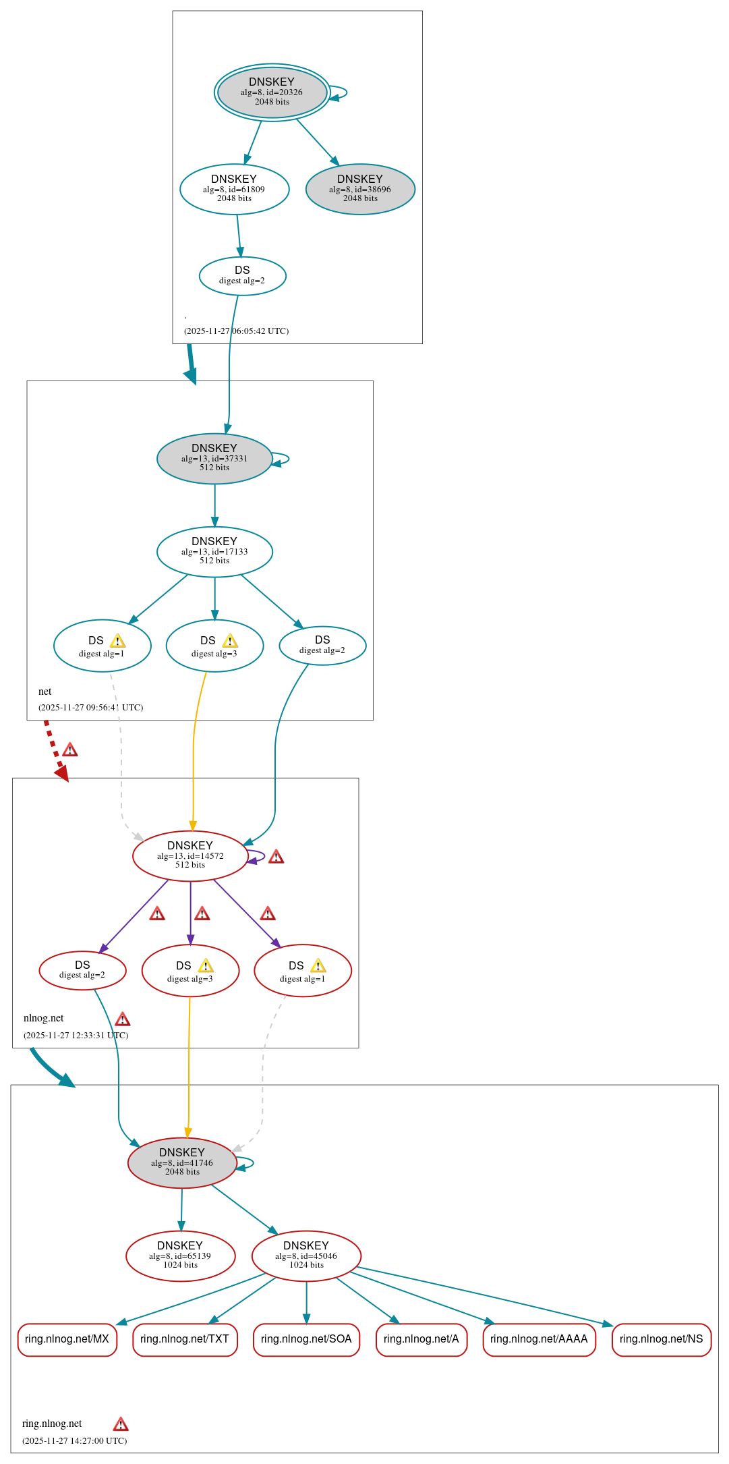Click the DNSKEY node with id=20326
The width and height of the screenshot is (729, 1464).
click(x=272, y=92)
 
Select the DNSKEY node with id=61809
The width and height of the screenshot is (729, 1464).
click(x=234, y=189)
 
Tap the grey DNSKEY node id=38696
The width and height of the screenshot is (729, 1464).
click(x=360, y=189)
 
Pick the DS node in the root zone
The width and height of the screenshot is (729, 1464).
click(x=242, y=275)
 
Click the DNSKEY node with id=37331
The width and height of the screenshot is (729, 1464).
click(x=214, y=458)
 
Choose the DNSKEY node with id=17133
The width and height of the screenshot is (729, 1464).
click(x=214, y=551)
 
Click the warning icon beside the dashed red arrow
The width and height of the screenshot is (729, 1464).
click(x=70, y=750)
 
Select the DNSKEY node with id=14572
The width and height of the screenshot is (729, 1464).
click(x=190, y=855)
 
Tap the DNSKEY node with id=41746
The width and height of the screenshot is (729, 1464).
click(x=182, y=1162)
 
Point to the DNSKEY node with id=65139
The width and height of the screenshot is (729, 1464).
click(x=180, y=1256)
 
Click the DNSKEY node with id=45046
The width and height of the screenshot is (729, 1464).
click(x=306, y=1256)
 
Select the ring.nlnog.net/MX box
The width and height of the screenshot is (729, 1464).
click(x=67, y=1339)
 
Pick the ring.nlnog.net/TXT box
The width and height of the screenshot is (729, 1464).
click(x=185, y=1339)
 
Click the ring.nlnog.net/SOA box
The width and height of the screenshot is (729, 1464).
click(x=306, y=1339)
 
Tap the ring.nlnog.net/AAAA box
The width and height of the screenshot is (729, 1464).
click(x=539, y=1339)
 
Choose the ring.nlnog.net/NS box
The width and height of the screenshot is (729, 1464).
click(x=661, y=1339)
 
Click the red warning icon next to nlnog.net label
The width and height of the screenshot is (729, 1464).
click(x=123, y=1019)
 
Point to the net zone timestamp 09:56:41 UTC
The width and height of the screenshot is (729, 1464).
click(x=90, y=707)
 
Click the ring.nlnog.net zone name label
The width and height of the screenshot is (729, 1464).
click(x=52, y=1424)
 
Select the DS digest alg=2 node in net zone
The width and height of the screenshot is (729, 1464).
click(x=322, y=645)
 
